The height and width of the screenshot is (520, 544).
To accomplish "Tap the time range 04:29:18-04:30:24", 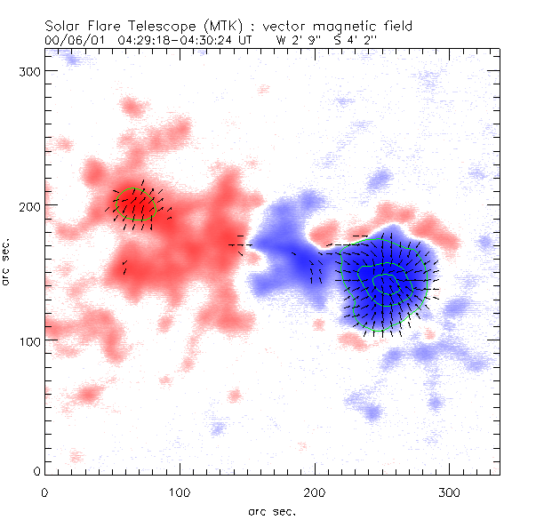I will [176, 40].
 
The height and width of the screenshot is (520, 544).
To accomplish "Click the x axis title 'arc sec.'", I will [271, 510].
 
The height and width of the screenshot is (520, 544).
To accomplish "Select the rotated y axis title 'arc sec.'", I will [8, 262].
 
